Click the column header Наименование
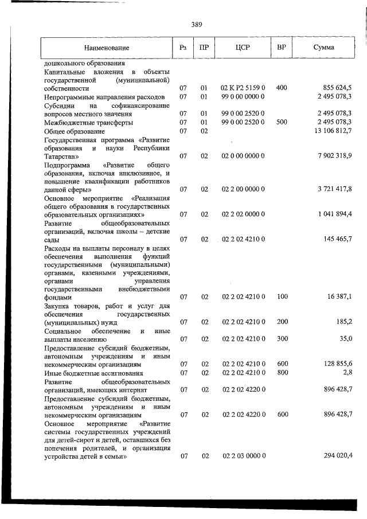click(x=106, y=48)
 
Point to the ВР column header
click(x=282, y=48)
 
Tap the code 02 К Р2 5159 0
click(x=243, y=88)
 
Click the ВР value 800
click(x=282, y=373)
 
